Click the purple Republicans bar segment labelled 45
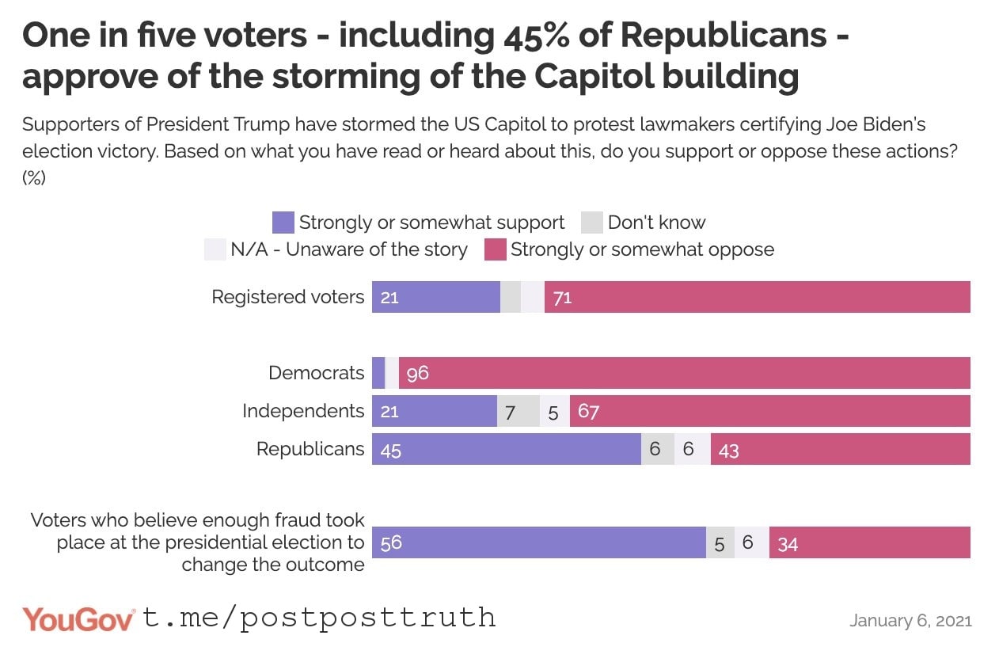coord(507,449)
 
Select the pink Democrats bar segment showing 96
coord(684,373)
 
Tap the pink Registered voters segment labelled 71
coord(757,297)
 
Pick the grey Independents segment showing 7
coord(518,411)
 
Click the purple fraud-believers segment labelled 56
coord(538,542)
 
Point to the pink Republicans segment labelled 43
coord(840,449)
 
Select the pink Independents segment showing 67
coord(769,411)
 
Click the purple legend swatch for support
coord(283,223)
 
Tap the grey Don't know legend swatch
coord(592,223)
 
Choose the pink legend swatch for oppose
coord(495,249)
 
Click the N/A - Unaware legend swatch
coord(215,249)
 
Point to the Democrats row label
coord(316,373)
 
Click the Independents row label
coord(302,411)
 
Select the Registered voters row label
coord(287,297)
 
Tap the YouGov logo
coord(78,619)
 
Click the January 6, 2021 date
coord(910,620)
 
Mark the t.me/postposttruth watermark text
coord(319,618)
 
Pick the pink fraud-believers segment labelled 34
coord(869,542)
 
